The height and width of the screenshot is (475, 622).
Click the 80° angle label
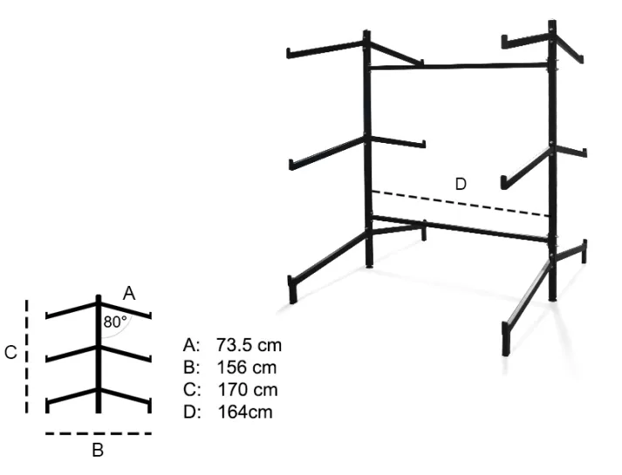(115, 322)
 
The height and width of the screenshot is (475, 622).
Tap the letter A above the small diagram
(129, 294)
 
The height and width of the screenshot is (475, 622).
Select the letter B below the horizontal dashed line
(98, 450)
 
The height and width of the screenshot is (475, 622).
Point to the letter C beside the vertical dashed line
(10, 352)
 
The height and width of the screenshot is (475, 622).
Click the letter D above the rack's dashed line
(461, 184)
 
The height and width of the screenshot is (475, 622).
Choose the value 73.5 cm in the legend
(249, 345)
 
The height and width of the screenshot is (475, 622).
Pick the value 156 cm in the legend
(246, 367)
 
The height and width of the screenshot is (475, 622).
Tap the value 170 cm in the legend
(248, 390)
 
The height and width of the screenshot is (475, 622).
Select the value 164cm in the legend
(245, 412)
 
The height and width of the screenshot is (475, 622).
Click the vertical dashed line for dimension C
(26, 356)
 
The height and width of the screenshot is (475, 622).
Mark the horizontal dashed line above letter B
(99, 433)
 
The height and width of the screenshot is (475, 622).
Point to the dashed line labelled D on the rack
(461, 204)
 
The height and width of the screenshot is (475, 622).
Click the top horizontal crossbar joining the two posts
(459, 66)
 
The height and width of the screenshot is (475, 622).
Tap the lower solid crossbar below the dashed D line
(460, 228)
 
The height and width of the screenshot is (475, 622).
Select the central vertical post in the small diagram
(99, 354)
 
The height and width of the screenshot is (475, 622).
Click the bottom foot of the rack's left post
(369, 266)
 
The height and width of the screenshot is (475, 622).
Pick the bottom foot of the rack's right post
(552, 298)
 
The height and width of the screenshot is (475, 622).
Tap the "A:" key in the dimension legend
(191, 345)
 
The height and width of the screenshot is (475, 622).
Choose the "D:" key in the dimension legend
(192, 412)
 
